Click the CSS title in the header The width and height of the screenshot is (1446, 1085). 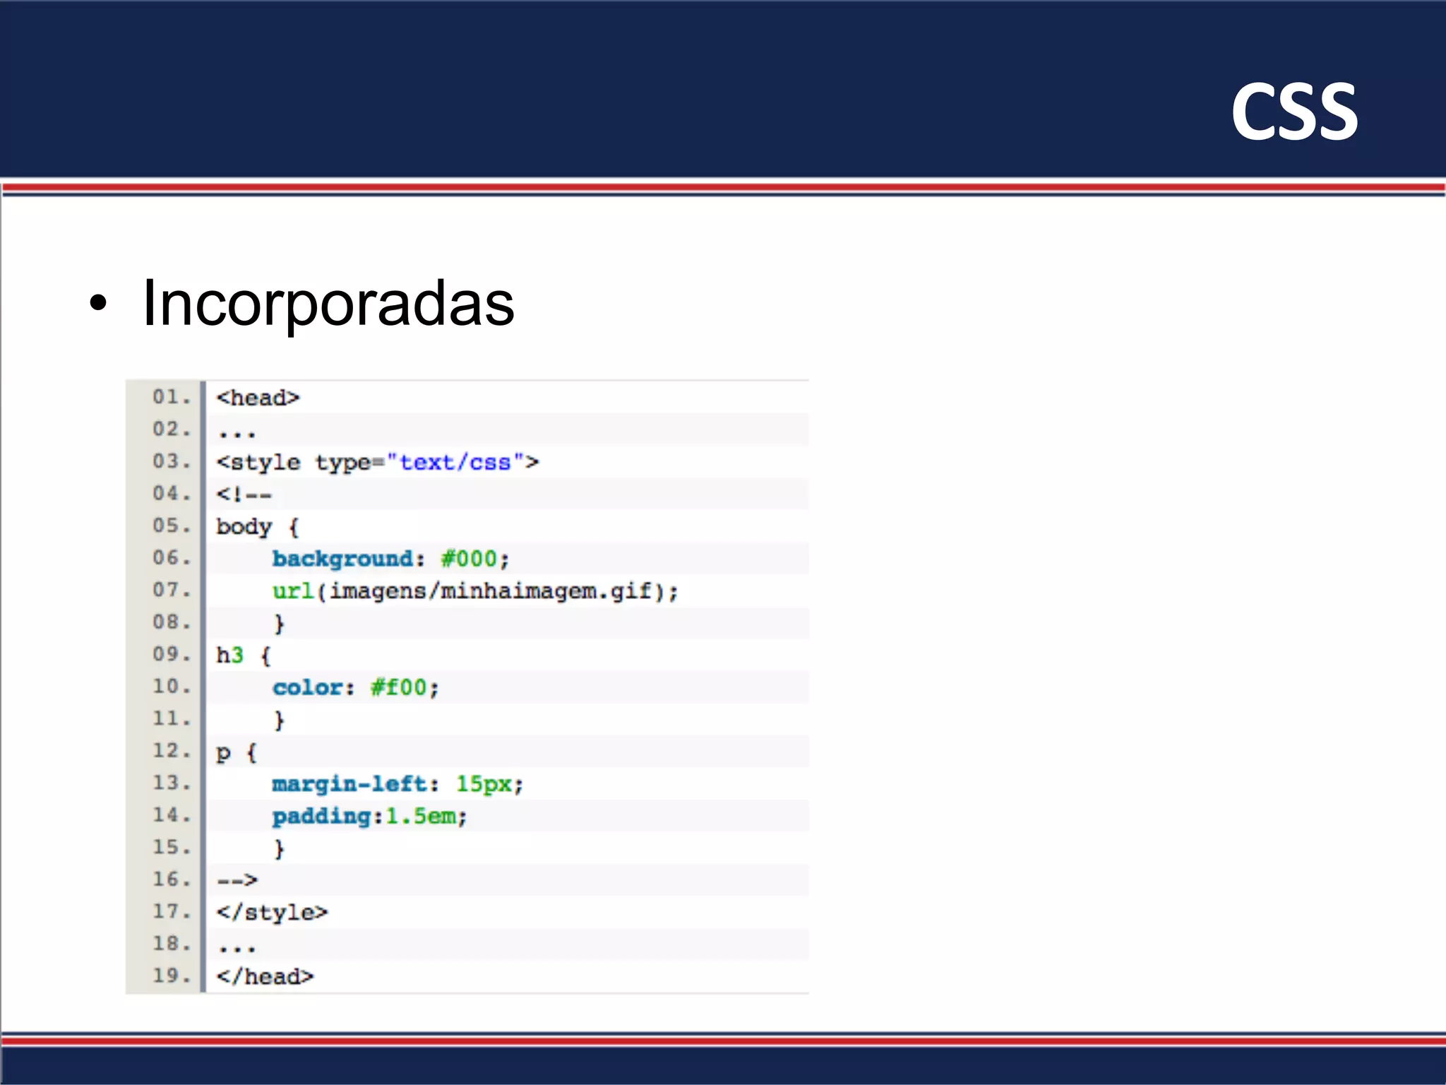tap(1293, 112)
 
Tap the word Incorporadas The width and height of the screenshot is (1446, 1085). tap(328, 303)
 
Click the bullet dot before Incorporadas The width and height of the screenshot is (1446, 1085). tap(99, 303)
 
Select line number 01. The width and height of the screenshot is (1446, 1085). tap(170, 397)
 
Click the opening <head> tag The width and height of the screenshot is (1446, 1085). tap(258, 398)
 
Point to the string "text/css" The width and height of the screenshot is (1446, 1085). tap(455, 463)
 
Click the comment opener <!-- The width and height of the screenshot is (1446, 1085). tap(244, 494)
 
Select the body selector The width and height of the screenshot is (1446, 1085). tap(244, 527)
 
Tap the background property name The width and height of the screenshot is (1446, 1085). tap(343, 559)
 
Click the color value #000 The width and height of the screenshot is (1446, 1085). tap(469, 559)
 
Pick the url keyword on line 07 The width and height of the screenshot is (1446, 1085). tap(292, 591)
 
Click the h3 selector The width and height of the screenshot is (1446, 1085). tap(229, 656)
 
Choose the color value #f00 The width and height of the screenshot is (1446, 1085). tap(399, 687)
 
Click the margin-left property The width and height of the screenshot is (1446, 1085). tap(349, 784)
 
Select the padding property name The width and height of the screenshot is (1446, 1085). tap(322, 817)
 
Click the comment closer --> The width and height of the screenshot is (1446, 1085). tap(237, 880)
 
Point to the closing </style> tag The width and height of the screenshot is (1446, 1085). tap(272, 913)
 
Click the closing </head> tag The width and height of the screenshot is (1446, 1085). tap(265, 977)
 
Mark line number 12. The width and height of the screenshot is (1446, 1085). tap(170, 751)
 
